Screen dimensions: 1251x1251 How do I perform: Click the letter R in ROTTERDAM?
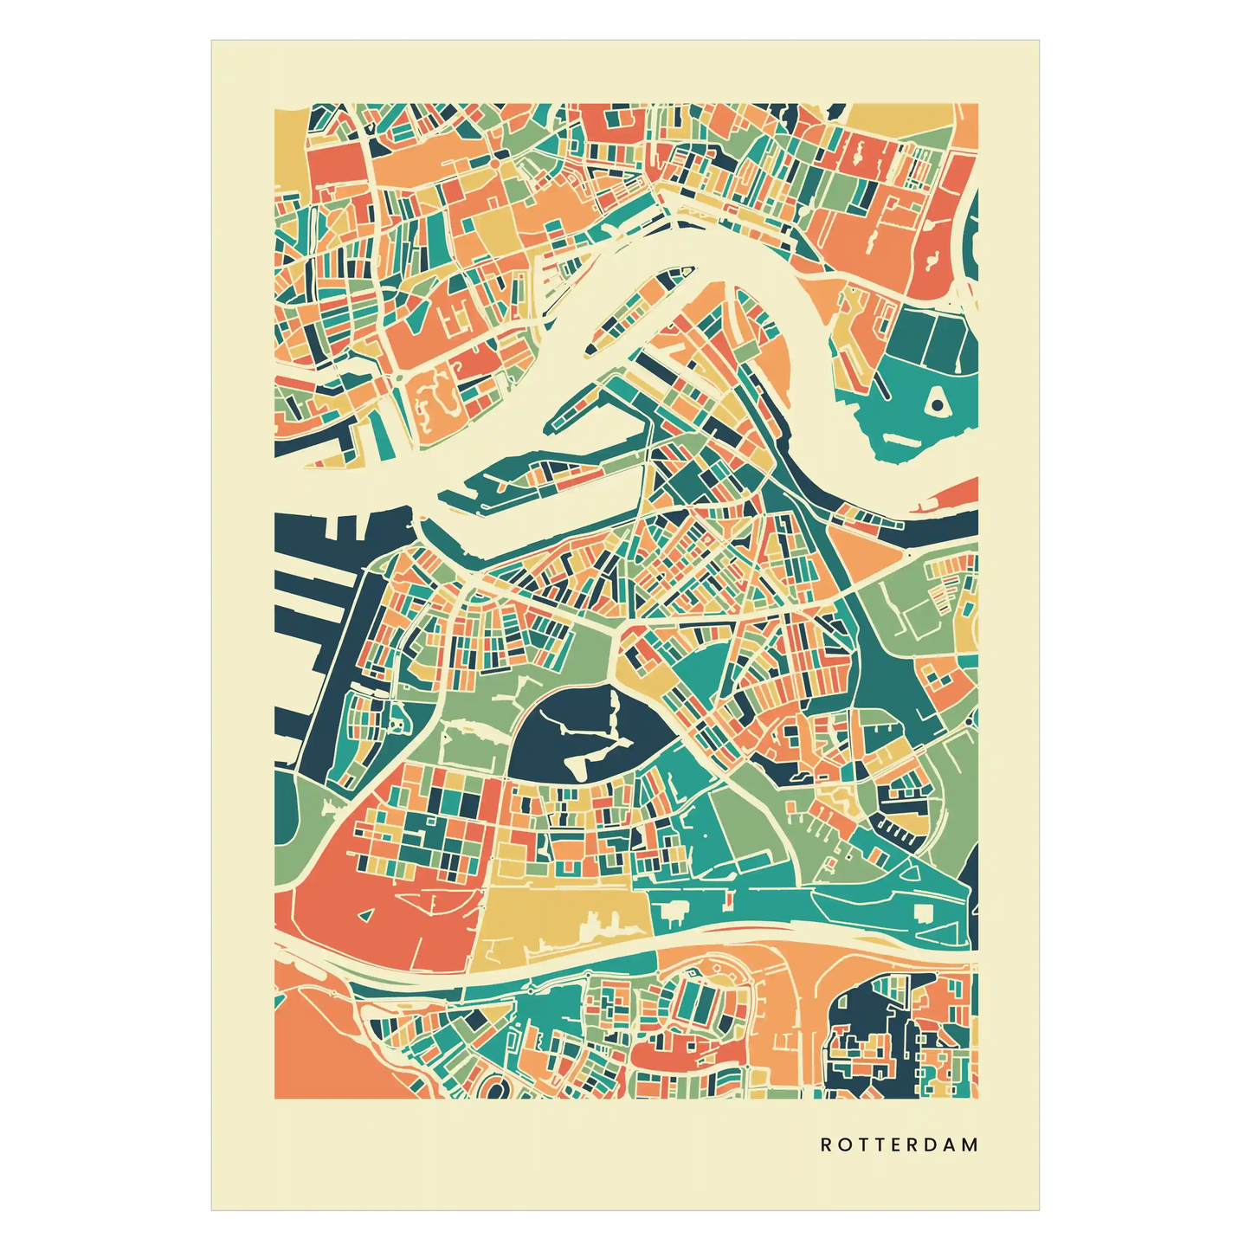[x=826, y=1145]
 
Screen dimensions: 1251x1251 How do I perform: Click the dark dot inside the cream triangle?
[x=936, y=403]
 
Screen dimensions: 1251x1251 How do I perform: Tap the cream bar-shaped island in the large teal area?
[x=900, y=440]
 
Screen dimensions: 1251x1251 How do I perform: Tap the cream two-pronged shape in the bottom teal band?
[x=670, y=910]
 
